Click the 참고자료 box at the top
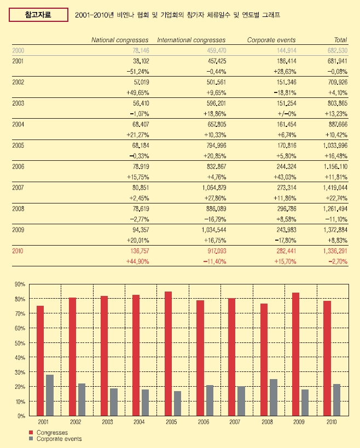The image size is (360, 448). pyautogui.click(x=38, y=15)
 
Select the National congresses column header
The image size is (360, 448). pyautogui.click(x=120, y=40)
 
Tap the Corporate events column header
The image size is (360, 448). pyautogui.click(x=271, y=40)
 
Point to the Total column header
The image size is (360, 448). pyautogui.click(x=340, y=40)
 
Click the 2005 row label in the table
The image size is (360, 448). pyautogui.click(x=18, y=146)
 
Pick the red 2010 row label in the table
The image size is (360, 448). pyautogui.click(x=18, y=251)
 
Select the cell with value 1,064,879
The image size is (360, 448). pyautogui.click(x=214, y=188)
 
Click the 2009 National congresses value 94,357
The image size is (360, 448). pyautogui.click(x=141, y=230)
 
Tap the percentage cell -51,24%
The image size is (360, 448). pyautogui.click(x=138, y=72)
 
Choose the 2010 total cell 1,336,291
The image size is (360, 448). pyautogui.click(x=335, y=251)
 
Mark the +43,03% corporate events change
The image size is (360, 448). pyautogui.click(x=284, y=177)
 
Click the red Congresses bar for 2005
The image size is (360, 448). pyautogui.click(x=169, y=354)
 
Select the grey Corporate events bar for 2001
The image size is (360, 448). pyautogui.click(x=50, y=395)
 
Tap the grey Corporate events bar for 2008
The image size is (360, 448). pyautogui.click(x=274, y=398)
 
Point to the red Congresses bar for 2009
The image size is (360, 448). pyautogui.click(x=295, y=354)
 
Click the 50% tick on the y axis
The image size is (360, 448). pyautogui.click(x=20, y=343)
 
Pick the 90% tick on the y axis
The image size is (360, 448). pyautogui.click(x=20, y=284)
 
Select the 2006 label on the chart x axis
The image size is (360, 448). pyautogui.click(x=204, y=422)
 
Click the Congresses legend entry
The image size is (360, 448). pyautogui.click(x=49, y=433)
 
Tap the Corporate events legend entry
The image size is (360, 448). pyautogui.click(x=55, y=439)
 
